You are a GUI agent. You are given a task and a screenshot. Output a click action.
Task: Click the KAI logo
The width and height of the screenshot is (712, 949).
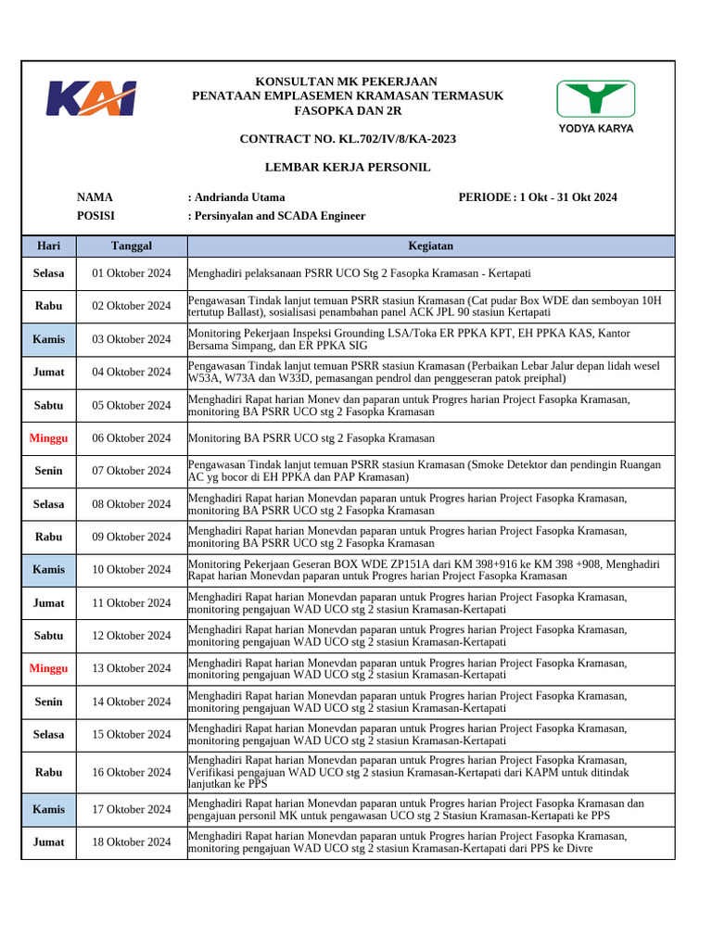92,98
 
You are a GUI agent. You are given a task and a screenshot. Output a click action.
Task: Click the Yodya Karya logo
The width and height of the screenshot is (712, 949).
595,105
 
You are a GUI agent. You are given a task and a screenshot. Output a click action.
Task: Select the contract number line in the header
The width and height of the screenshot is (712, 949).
348,139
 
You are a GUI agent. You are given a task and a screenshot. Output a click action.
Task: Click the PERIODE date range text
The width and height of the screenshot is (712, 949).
538,197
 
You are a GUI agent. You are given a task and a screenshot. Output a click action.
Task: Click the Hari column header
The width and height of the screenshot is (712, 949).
49,246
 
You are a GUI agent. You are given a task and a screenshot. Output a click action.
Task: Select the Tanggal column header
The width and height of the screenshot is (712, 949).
132,246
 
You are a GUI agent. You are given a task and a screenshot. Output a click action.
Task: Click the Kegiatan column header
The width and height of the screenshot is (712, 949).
431,246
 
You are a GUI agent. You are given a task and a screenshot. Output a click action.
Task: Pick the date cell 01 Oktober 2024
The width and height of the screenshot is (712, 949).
132,273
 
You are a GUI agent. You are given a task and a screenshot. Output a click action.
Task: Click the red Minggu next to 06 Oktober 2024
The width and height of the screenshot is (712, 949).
49,438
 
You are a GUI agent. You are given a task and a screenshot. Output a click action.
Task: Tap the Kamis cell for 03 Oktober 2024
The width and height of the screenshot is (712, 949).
49,339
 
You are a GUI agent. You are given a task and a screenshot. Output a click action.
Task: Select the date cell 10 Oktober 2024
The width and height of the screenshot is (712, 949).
132,570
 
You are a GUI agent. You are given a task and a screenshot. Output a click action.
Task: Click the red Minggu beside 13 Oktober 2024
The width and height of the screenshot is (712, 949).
49,668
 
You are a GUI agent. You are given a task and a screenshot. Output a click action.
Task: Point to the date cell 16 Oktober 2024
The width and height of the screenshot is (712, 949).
132,772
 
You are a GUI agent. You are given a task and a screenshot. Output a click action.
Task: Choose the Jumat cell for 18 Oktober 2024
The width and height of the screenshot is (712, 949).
49,842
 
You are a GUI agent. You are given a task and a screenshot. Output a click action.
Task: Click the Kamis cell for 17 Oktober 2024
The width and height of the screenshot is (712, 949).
49,809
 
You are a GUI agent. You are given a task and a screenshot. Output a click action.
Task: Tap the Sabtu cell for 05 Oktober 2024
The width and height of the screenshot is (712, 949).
49,405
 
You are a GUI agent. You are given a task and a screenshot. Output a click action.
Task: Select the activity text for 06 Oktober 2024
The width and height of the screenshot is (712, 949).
311,438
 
